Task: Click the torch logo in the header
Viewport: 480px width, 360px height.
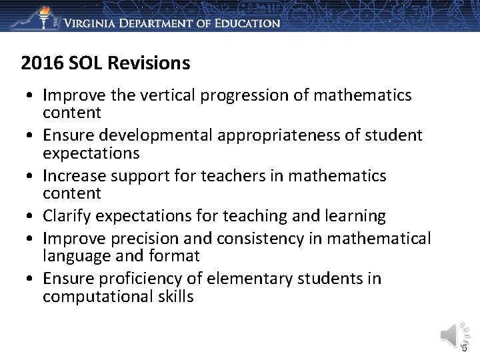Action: click(x=45, y=16)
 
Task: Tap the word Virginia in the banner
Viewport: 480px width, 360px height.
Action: click(x=93, y=23)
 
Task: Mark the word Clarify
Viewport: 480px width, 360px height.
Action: click(x=67, y=216)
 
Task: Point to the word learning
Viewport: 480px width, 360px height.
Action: click(x=353, y=216)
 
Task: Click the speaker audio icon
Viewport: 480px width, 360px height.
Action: click(x=449, y=333)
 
